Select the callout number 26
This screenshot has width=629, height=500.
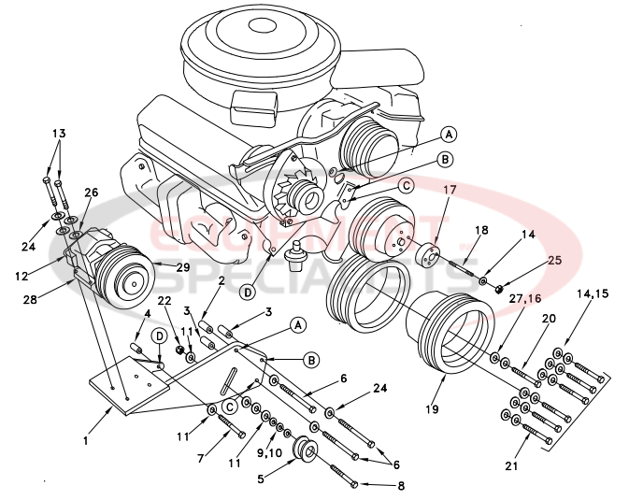coord(91,193)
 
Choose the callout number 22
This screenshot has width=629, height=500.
coord(164,300)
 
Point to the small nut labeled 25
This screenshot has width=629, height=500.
coord(501,288)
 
